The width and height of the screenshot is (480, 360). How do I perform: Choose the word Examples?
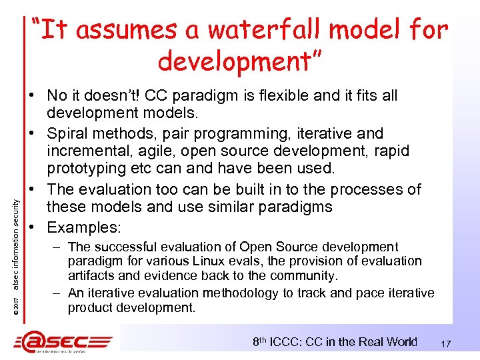tap(84, 227)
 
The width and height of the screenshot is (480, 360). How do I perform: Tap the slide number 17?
tap(446, 344)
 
